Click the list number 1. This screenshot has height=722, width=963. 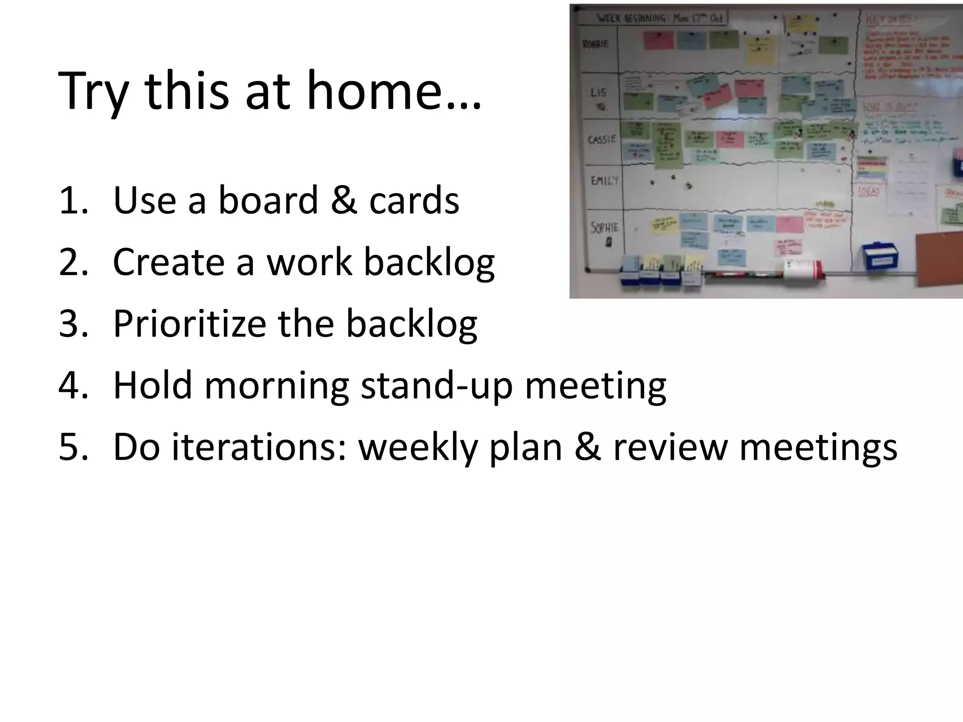(x=73, y=201)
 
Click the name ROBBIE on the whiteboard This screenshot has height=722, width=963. (x=595, y=44)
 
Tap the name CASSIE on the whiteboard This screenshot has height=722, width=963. (x=601, y=140)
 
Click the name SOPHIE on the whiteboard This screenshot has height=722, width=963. (x=604, y=228)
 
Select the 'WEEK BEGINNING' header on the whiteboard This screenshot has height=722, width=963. (x=632, y=19)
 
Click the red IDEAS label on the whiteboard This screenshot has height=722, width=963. (x=868, y=191)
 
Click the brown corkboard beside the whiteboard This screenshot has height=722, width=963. (x=938, y=259)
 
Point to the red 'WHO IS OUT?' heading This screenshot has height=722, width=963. (x=890, y=107)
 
